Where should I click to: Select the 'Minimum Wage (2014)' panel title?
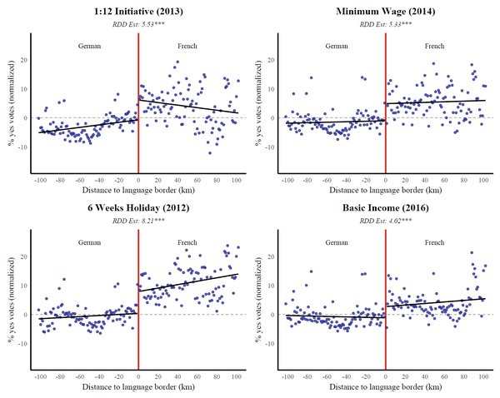click(385, 12)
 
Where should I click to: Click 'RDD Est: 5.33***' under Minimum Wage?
click(385, 25)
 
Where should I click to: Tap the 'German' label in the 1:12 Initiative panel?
click(90, 46)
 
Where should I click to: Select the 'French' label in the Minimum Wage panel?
click(434, 46)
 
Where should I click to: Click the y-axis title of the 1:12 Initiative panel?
click(11, 102)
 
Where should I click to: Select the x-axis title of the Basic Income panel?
click(385, 387)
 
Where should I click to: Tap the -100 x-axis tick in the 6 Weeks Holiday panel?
click(39, 376)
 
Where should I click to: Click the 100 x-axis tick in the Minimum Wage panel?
click(484, 180)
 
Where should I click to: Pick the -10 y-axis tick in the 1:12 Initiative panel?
click(22, 147)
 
